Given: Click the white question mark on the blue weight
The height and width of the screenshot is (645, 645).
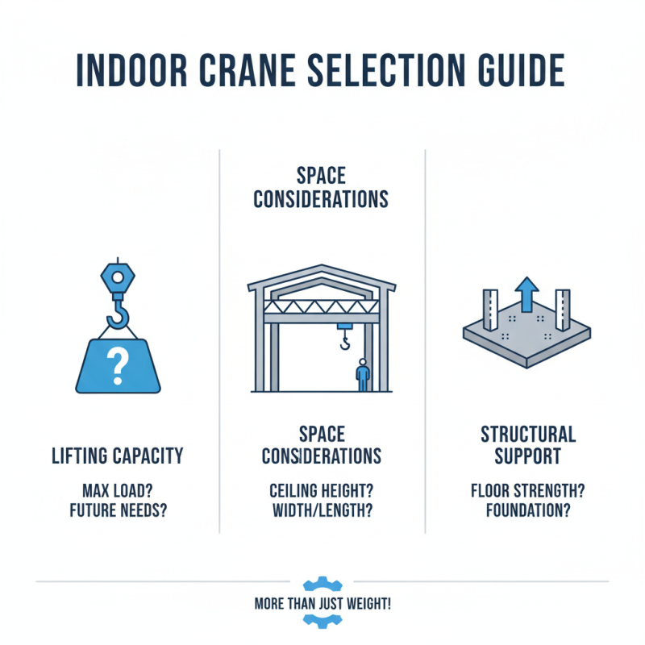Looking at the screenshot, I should click(119, 365).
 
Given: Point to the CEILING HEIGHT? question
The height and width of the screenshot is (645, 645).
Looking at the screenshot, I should click(321, 489).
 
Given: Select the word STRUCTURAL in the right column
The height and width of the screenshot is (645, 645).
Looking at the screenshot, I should click(528, 435).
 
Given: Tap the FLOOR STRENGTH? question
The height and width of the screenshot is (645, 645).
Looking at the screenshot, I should click(528, 489).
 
